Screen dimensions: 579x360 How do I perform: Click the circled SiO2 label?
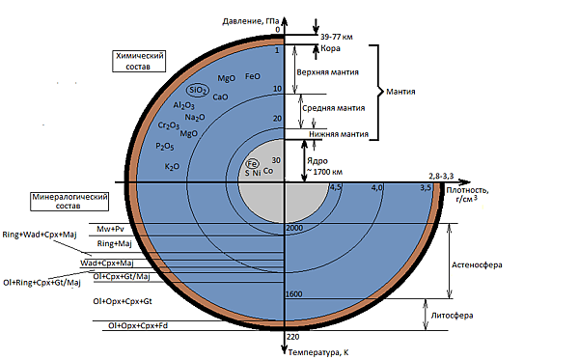tap(198, 90)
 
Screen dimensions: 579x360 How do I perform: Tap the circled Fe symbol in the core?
tap(252, 163)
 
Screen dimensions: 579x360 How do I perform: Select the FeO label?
tap(253, 76)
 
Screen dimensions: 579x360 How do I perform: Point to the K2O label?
tap(172, 167)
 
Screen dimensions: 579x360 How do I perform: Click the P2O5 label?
tap(165, 147)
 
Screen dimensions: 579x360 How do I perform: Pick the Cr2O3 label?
tap(168, 125)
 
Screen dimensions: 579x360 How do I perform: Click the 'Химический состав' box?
tap(139, 62)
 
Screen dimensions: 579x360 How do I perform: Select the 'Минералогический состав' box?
tap(69, 201)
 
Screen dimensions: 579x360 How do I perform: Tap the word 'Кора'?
tap(330, 48)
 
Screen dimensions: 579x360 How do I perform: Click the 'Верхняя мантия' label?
tap(327, 72)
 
